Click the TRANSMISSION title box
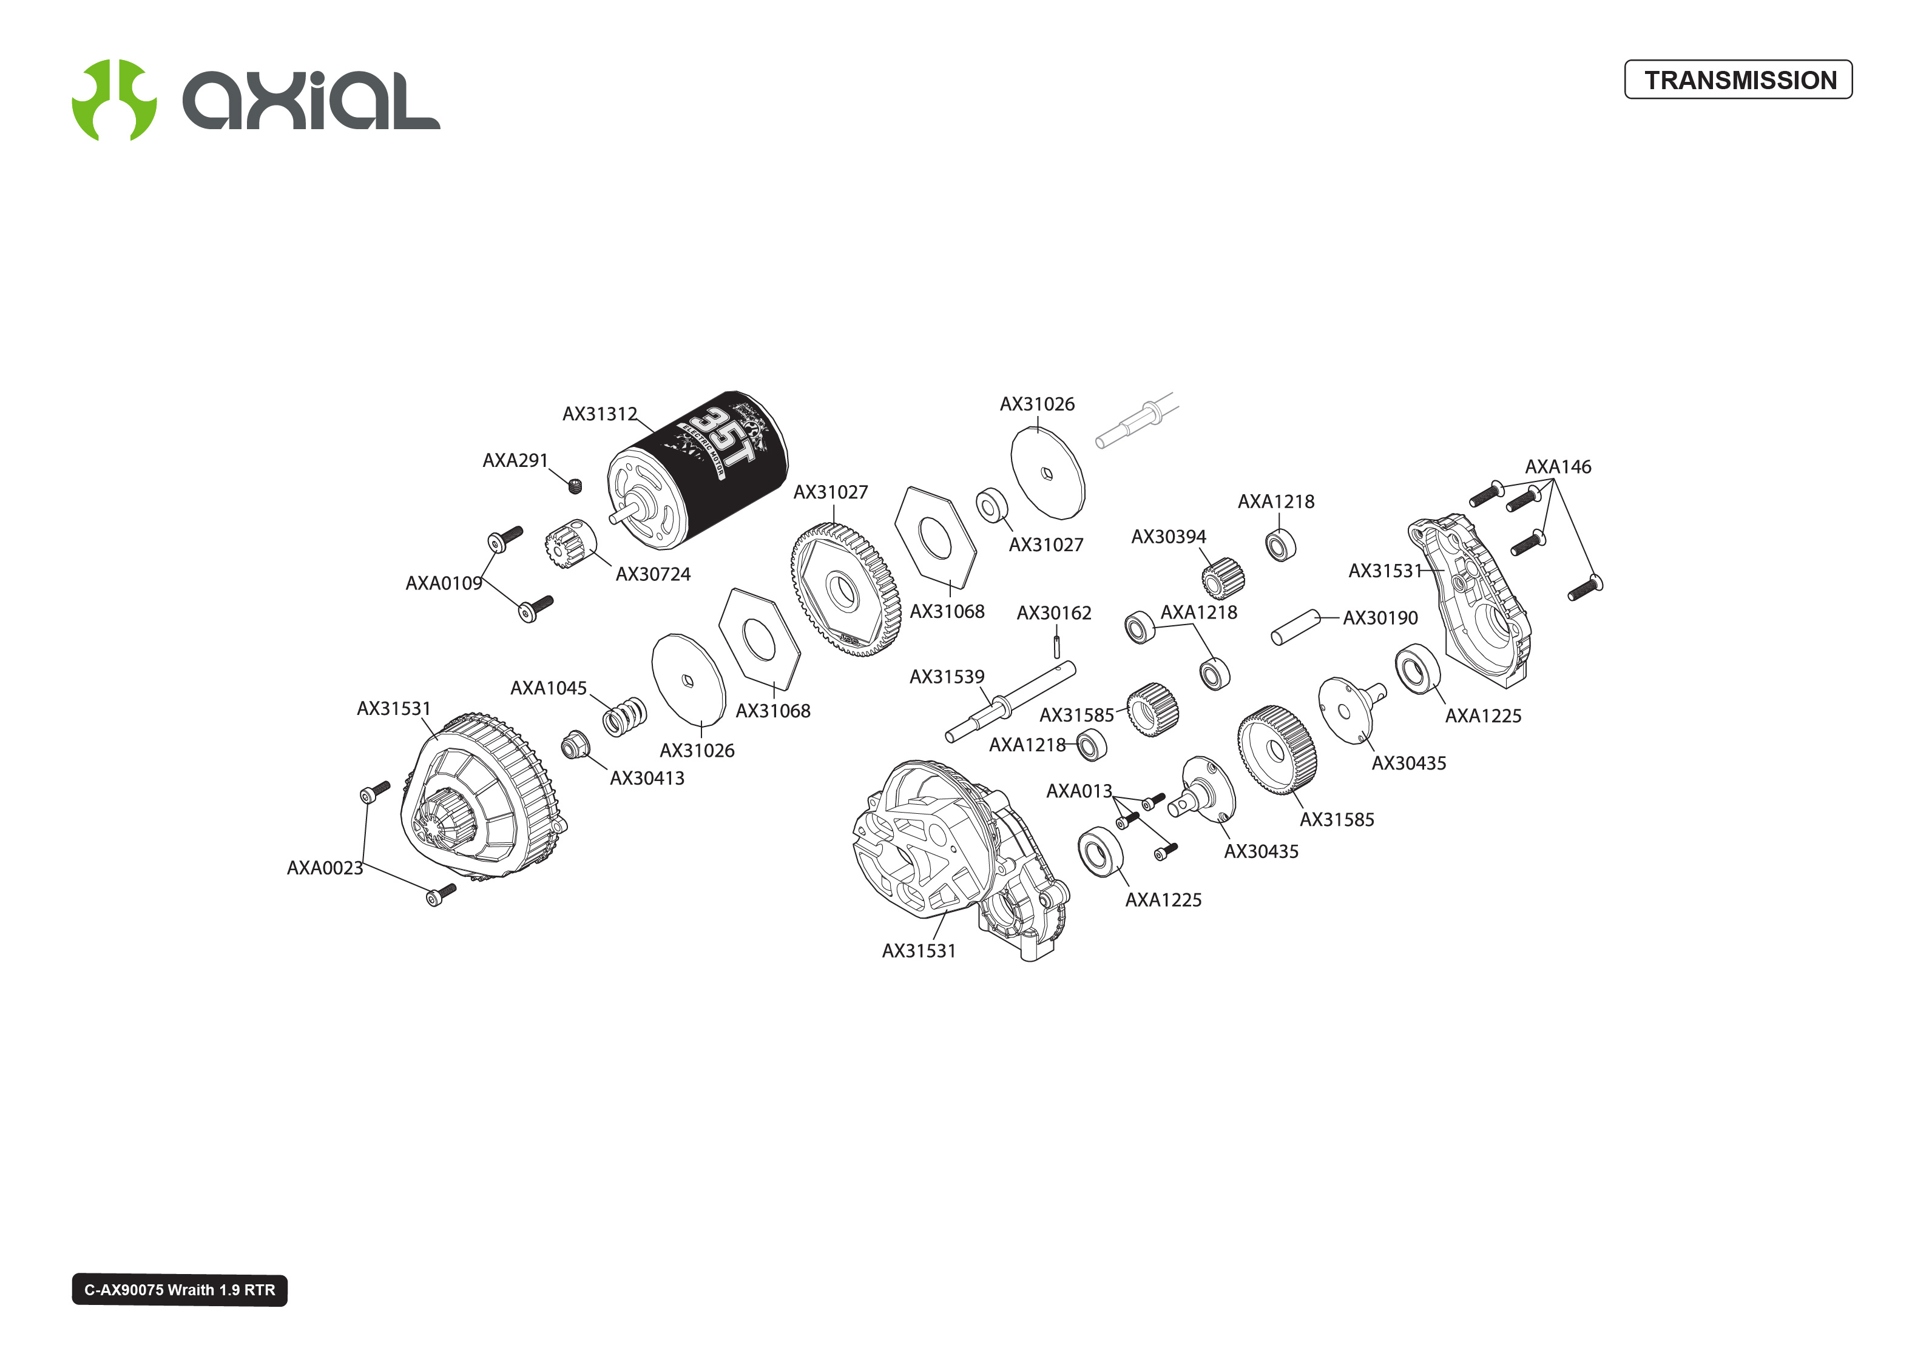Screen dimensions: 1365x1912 (x=1737, y=80)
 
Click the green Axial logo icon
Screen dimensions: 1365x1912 (x=113, y=100)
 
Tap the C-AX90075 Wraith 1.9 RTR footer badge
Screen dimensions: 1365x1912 (x=179, y=1289)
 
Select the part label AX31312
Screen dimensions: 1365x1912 (x=599, y=414)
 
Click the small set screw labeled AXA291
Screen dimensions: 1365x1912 (x=575, y=486)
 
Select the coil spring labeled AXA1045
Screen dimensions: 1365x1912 (x=625, y=717)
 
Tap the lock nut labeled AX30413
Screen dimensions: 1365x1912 (x=575, y=745)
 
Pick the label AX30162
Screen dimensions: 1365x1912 (x=1053, y=612)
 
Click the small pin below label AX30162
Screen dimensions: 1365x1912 (x=1057, y=646)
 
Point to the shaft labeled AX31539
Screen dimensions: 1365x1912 (x=1009, y=701)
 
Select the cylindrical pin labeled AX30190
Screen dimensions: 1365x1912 (x=1295, y=627)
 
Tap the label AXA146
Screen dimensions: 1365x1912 (x=1557, y=466)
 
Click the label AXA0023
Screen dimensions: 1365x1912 (x=325, y=867)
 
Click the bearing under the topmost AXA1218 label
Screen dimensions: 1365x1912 (x=1280, y=545)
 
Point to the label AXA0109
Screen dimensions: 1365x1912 (x=443, y=583)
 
